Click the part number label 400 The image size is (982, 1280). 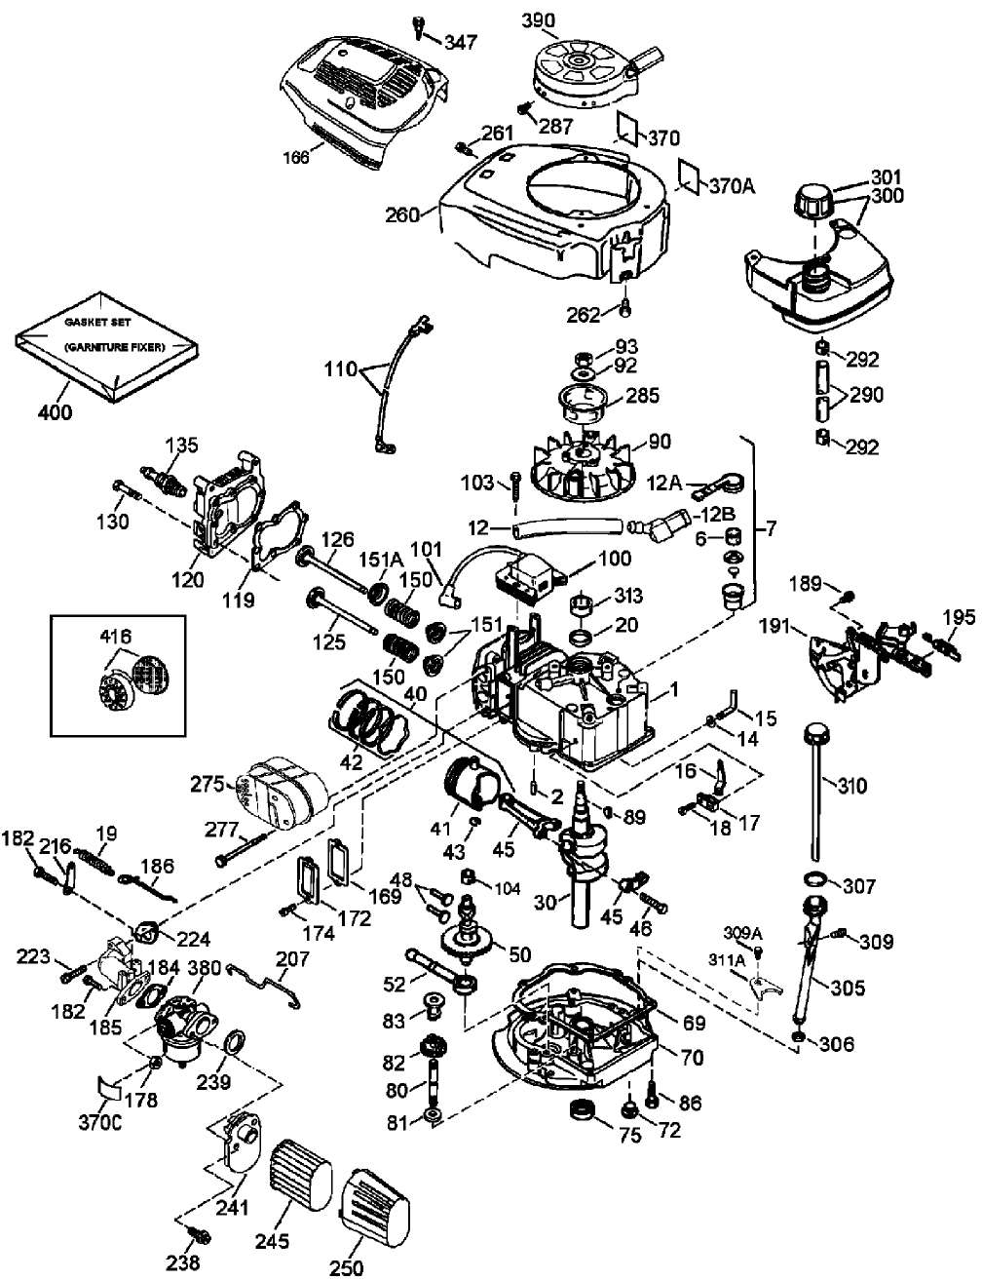tap(55, 412)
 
